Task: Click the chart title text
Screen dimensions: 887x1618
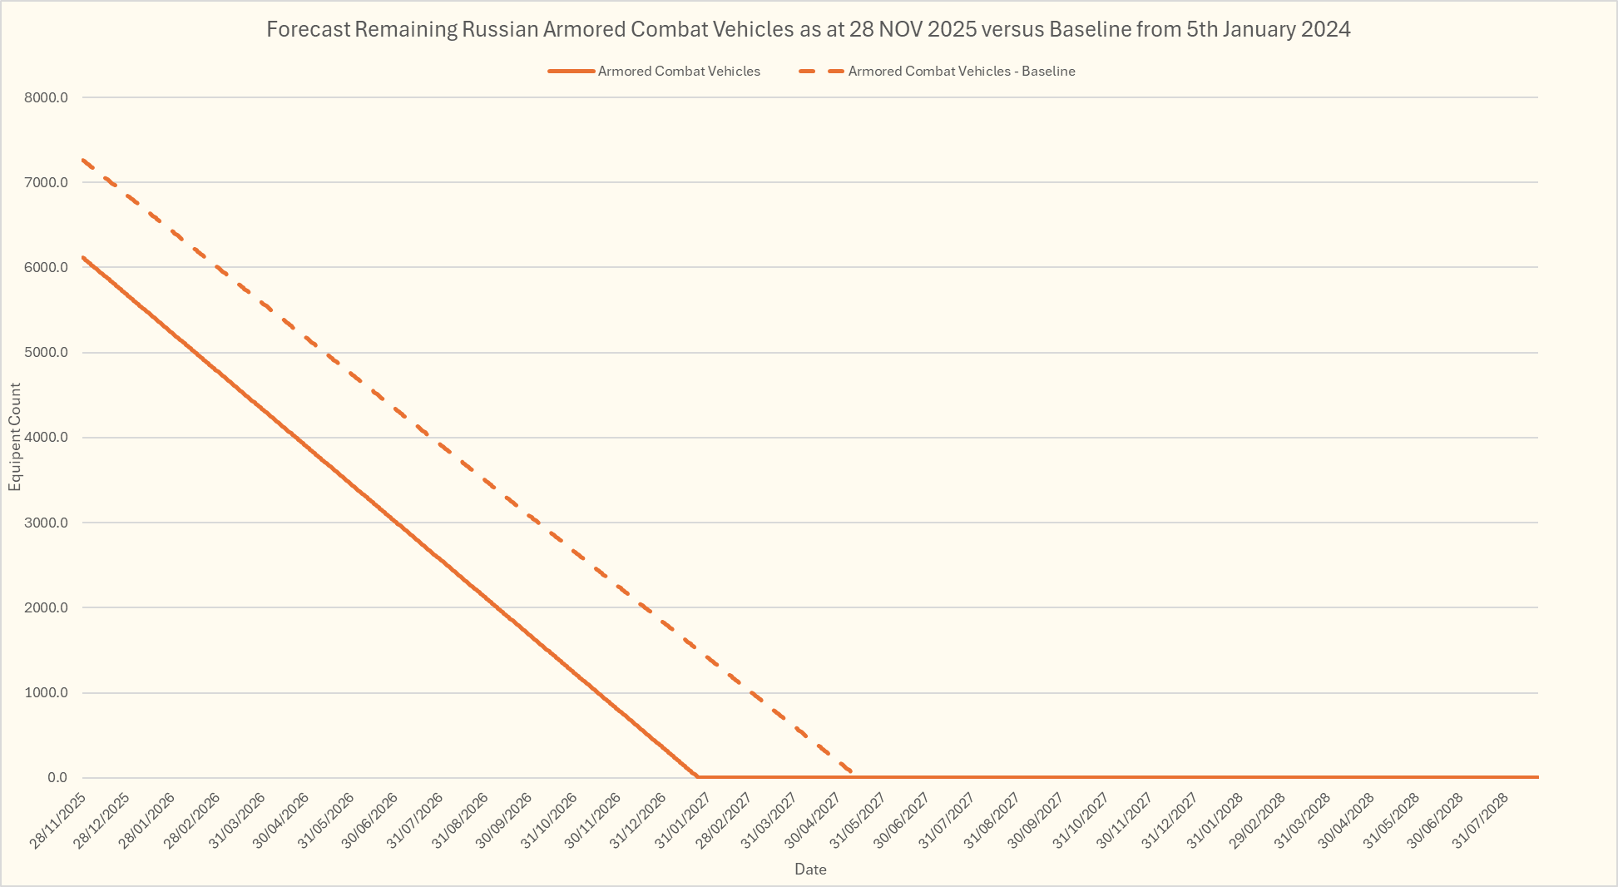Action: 808,30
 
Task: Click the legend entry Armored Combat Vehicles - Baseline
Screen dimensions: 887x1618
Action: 961,72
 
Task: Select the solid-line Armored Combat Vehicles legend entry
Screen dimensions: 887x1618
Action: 678,72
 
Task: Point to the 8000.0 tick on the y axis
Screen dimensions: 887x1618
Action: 46,97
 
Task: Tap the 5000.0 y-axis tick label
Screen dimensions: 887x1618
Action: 46,353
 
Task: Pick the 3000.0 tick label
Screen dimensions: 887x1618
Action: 46,523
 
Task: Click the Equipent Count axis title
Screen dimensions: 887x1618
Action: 15,437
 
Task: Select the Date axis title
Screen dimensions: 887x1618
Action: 810,870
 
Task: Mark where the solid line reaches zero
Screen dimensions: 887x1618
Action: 697,777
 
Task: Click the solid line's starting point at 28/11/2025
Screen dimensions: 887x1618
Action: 83,257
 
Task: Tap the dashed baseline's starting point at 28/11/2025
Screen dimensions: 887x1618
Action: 83,160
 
